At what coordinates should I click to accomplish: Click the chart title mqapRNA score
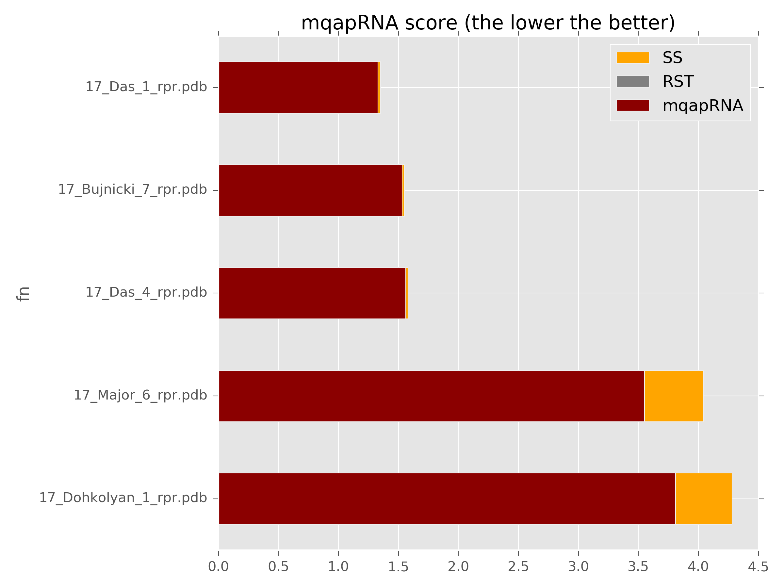(488, 24)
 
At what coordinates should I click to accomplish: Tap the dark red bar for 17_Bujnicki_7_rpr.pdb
(310, 190)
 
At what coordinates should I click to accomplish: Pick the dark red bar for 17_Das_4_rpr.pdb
(312, 293)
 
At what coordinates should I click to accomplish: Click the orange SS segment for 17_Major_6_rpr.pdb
(673, 396)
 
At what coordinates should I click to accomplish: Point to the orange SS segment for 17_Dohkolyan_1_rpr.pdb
(704, 499)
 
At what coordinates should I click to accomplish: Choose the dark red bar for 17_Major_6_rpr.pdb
(431, 396)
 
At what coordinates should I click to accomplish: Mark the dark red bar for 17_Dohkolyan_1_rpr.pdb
(447, 499)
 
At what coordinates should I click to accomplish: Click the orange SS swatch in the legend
(633, 58)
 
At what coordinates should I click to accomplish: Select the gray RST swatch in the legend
(633, 82)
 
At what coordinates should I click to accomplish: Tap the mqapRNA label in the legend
(702, 106)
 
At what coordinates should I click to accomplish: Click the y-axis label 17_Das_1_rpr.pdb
(146, 87)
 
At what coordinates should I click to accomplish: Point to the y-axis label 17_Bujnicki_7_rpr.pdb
(132, 189)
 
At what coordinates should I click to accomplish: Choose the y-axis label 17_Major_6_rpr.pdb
(140, 395)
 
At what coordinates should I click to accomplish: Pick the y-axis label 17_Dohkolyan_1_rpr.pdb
(122, 498)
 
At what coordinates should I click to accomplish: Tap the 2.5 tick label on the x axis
(518, 567)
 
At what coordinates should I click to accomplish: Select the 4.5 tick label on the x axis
(758, 567)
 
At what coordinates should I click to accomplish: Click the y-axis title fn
(24, 294)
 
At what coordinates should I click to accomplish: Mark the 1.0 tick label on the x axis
(338, 567)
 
